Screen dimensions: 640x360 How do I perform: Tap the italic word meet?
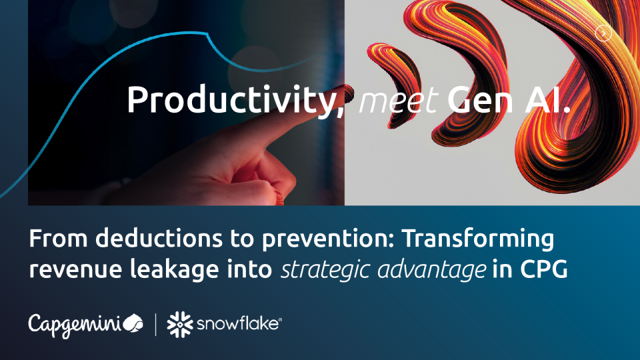click(399, 101)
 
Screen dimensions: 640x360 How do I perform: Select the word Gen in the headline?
click(480, 99)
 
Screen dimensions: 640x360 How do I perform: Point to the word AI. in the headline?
click(547, 99)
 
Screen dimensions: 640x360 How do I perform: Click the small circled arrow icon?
click(603, 33)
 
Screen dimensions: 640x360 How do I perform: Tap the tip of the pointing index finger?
click(348, 89)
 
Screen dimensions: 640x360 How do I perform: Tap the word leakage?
click(174, 270)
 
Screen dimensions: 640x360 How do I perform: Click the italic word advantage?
click(431, 270)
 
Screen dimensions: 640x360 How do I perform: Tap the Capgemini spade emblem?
click(133, 323)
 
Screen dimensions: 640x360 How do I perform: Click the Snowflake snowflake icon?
click(180, 325)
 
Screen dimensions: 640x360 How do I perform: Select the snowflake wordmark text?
click(239, 324)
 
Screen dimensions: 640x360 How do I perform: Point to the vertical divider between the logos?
click(155, 325)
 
